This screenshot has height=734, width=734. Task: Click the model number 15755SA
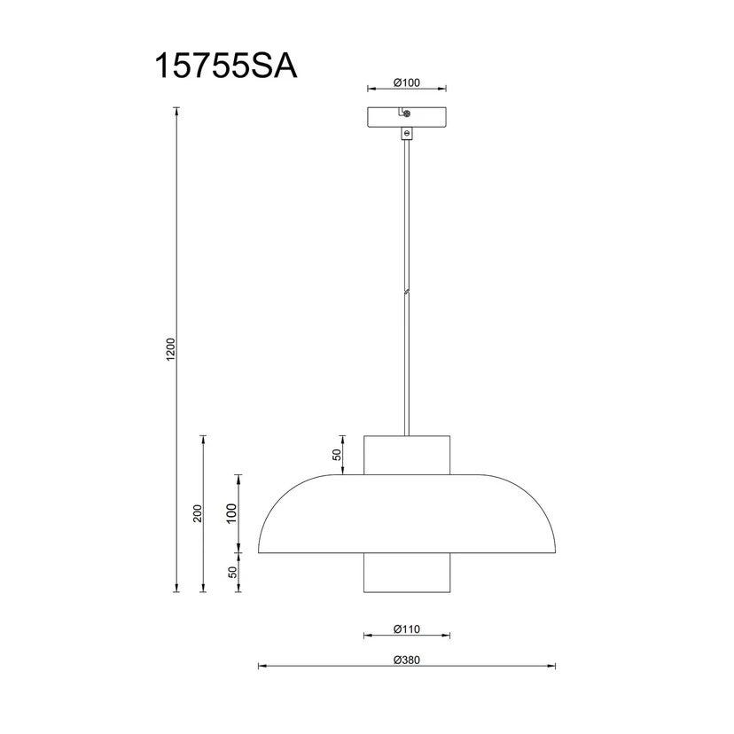tap(226, 66)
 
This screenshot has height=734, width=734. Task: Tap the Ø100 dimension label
tap(407, 82)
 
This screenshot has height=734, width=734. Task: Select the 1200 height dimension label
tap(170, 349)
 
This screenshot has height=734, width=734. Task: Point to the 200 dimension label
tap(198, 513)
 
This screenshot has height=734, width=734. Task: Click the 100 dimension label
tap(231, 513)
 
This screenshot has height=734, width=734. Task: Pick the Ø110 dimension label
tap(407, 629)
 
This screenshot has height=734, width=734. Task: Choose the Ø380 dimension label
tap(407, 660)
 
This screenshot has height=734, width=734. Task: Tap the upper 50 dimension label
tap(337, 455)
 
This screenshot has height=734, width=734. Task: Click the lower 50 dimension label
tap(232, 572)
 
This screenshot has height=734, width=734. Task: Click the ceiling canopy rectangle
tap(407, 118)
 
